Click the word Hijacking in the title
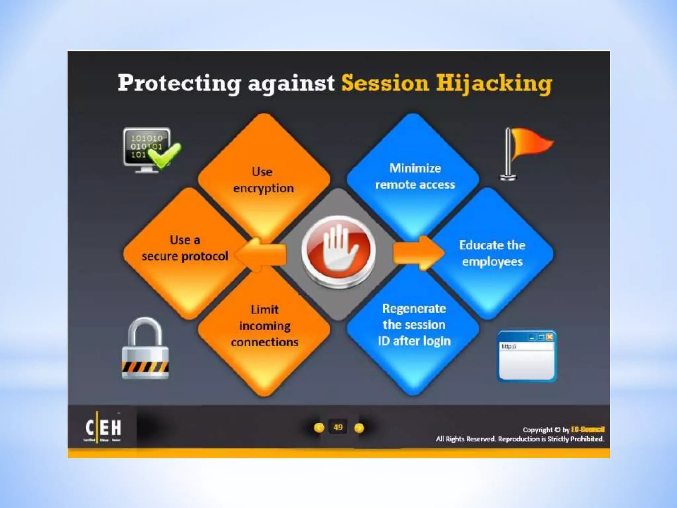tap(494, 83)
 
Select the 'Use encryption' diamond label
tap(263, 180)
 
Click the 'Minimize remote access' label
tap(415, 176)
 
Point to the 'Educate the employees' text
tap(492, 253)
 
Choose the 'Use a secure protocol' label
tap(185, 248)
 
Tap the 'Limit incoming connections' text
tap(264, 326)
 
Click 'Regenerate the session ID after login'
tap(414, 325)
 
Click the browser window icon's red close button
tap(549, 337)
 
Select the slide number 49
tap(338, 427)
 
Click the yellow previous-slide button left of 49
tap(319, 428)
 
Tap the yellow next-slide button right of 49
tap(359, 428)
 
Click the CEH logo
tap(103, 427)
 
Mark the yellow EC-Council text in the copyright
tap(588, 429)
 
